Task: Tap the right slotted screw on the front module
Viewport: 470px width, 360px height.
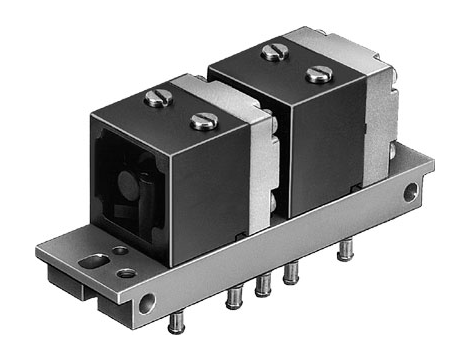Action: (x=203, y=121)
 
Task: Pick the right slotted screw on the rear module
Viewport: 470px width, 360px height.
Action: (x=319, y=73)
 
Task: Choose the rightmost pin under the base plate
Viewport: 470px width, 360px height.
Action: (x=344, y=249)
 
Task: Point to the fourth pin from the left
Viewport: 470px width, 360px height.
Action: (x=291, y=272)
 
